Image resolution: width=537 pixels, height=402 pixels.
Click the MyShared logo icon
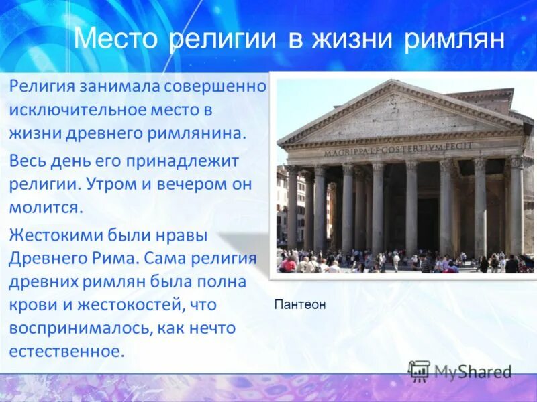[x=420, y=371]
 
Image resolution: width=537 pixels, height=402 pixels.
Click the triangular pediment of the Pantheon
[x=399, y=115]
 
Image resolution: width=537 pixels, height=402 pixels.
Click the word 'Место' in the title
[x=117, y=38]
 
